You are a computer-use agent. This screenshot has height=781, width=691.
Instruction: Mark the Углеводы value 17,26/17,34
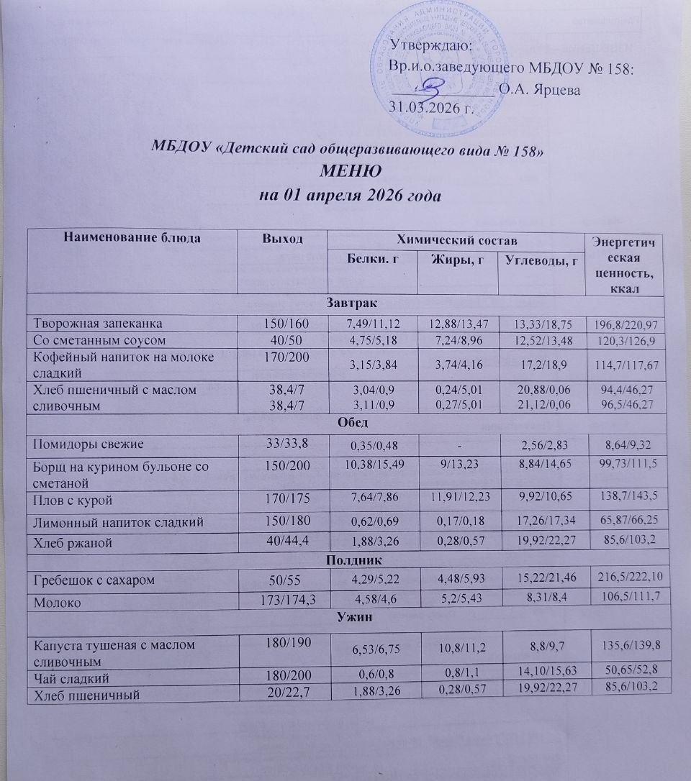point(541,519)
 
